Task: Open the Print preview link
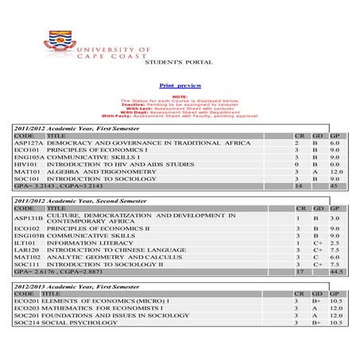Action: pyautogui.click(x=180, y=85)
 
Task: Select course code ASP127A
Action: pyautogui.click(x=29, y=143)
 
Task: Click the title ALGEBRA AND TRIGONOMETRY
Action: pyautogui.click(x=95, y=172)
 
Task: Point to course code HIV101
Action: pyautogui.click(x=27, y=165)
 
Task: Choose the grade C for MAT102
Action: pyautogui.click(x=315, y=257)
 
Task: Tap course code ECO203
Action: pyautogui.click(x=28, y=308)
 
